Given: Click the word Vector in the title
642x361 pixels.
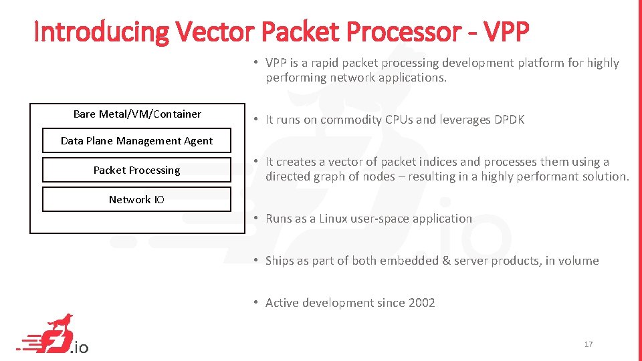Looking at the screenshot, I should pyautogui.click(x=215, y=31).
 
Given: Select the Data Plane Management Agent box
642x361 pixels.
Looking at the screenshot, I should pyautogui.click(x=136, y=141).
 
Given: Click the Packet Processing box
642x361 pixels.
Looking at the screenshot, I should pyautogui.click(x=136, y=170).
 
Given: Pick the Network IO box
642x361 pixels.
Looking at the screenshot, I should pyautogui.click(x=136, y=199).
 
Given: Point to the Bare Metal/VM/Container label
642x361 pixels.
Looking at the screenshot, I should pyautogui.click(x=137, y=114).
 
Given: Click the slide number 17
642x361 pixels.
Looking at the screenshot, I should pyautogui.click(x=588, y=344).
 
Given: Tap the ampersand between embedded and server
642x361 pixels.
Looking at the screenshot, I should pyautogui.click(x=446, y=261).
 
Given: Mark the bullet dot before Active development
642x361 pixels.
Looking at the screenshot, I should pyautogui.click(x=256, y=302).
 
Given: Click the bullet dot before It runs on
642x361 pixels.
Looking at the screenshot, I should pyautogui.click(x=256, y=120).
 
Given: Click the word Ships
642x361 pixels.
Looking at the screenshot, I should pyautogui.click(x=280, y=261).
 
